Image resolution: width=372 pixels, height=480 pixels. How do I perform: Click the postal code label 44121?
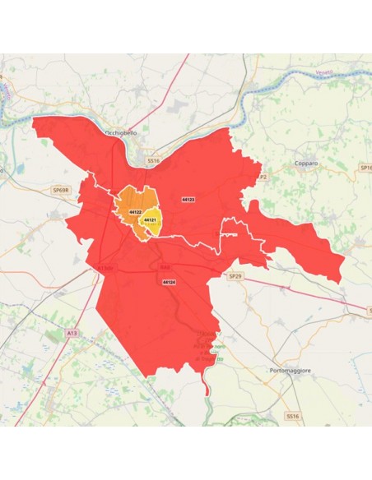tap(150, 220)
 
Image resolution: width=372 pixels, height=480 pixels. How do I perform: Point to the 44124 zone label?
tap(169, 282)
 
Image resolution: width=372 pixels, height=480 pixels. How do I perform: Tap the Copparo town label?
tap(306, 163)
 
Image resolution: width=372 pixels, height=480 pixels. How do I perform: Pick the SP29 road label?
tap(236, 277)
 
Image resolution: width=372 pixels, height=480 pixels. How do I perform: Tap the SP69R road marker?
tap(62, 190)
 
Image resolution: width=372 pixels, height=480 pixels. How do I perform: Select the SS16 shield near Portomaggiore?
tap(292, 417)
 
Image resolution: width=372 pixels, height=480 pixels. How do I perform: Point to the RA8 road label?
tap(165, 267)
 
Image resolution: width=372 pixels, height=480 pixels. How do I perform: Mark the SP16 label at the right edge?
tap(366, 168)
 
